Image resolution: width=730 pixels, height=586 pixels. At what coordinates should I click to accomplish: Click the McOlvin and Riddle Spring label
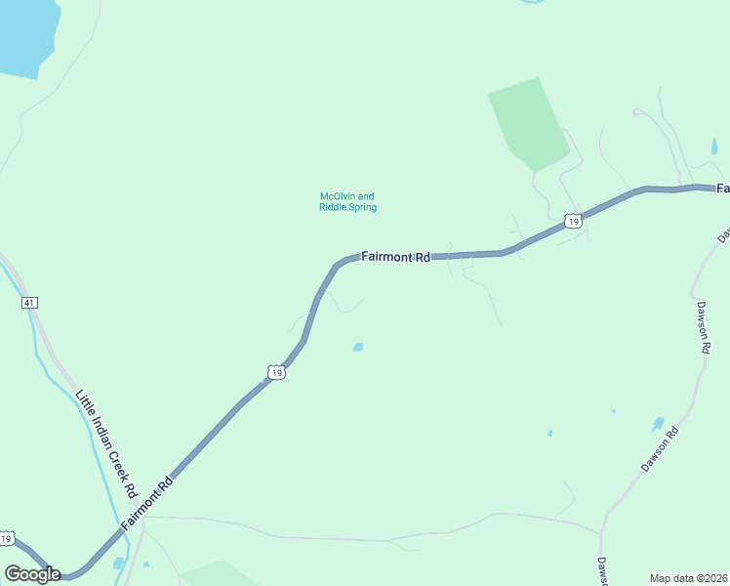coord(347,201)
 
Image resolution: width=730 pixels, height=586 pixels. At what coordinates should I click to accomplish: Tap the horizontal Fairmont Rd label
coord(395,257)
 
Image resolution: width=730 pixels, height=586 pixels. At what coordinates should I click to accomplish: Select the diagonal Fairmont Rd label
coord(148,505)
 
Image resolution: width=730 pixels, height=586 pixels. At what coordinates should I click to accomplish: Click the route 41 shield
coord(29,303)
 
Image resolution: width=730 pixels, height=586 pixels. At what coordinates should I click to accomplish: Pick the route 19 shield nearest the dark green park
coord(575,222)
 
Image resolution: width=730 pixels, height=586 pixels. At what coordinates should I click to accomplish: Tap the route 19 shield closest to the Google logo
coord(7,539)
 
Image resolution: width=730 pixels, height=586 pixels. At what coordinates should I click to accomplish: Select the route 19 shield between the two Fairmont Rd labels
coord(277,373)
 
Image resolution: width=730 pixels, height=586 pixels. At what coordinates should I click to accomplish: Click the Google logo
coord(31,574)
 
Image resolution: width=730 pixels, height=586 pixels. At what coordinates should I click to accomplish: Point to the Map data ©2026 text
coord(688,578)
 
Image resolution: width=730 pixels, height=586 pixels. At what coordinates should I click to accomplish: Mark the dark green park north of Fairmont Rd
coord(528,122)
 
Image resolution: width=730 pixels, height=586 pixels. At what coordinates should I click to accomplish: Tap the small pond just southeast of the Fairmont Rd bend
coord(358,347)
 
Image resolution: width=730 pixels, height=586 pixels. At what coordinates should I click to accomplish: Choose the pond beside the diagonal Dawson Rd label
coord(658,425)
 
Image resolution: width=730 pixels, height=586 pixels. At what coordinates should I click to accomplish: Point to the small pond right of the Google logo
coord(118,564)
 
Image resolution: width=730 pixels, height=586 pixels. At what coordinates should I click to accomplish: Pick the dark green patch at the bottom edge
coord(220,574)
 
